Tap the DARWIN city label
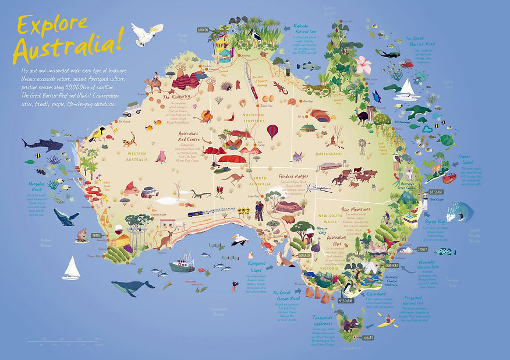tap(203, 30)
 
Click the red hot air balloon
tap(272, 131)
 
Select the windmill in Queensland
tap(362, 146)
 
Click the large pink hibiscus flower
tap(363, 63)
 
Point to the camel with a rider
tap(155, 86)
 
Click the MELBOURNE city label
tap(345, 301)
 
